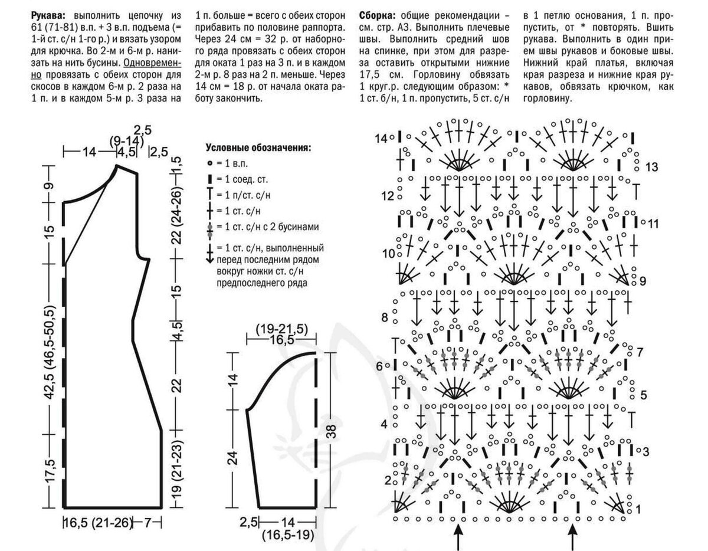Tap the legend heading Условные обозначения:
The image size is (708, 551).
tap(258, 147)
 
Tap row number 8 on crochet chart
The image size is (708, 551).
tap(385, 317)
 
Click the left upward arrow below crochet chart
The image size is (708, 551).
tap(457, 535)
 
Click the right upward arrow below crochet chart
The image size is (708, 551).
tap(572, 535)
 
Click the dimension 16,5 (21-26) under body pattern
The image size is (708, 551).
tap(97, 523)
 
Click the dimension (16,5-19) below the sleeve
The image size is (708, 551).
tap(287, 535)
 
